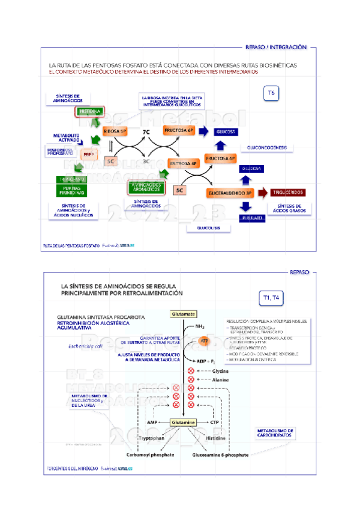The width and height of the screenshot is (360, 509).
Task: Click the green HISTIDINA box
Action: tap(89, 112)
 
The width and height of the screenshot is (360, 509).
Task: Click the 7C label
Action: tap(146, 131)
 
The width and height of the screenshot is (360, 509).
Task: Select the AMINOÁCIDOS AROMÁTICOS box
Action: tap(146, 187)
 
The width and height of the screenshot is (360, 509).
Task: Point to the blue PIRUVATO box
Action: tap(252, 217)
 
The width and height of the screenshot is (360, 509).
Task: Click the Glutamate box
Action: tap(183, 314)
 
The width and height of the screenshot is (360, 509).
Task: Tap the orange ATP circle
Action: tap(205, 342)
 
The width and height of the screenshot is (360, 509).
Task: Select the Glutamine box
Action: tap(183, 423)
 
